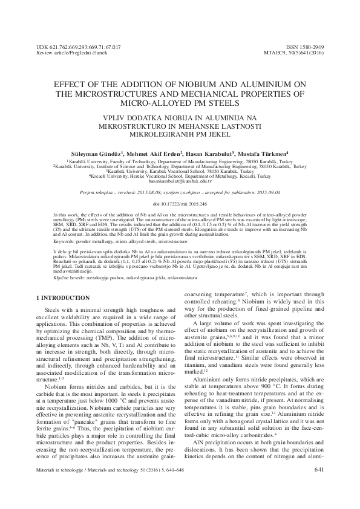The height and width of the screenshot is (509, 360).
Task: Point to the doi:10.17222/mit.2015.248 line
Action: (x=180, y=204)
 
